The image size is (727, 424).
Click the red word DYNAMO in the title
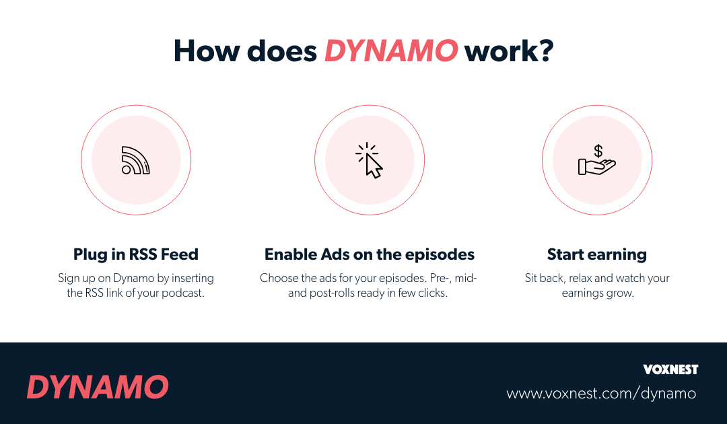click(392, 51)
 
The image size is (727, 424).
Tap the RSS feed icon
click(135, 160)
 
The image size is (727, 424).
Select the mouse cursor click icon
click(370, 160)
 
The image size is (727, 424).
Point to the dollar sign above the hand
click(598, 151)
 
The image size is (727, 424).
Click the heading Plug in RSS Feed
click(135, 254)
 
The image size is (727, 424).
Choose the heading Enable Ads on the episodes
click(370, 254)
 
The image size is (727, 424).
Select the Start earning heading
click(597, 254)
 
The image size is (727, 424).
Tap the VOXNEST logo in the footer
click(670, 369)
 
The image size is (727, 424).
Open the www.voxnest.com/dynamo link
click(601, 393)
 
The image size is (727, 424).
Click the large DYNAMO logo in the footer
click(98, 388)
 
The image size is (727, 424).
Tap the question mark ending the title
click(545, 51)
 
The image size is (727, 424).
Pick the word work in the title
click(499, 51)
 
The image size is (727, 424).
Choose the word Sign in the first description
click(69, 278)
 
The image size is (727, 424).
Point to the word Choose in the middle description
click(279, 278)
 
